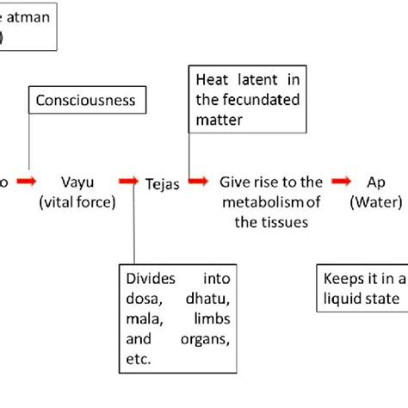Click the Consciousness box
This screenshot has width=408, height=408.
(x=85, y=100)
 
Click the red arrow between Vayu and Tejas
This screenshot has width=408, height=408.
(x=128, y=181)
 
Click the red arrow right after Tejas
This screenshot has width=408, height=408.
(x=199, y=181)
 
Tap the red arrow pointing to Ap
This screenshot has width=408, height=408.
(x=342, y=181)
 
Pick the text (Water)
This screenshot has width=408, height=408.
(x=380, y=203)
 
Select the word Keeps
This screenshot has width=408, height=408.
(x=340, y=279)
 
